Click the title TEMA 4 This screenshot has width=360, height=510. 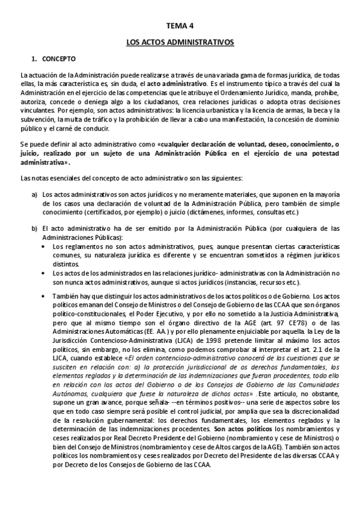click(180, 27)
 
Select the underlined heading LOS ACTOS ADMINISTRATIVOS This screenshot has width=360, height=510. click(180, 43)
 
